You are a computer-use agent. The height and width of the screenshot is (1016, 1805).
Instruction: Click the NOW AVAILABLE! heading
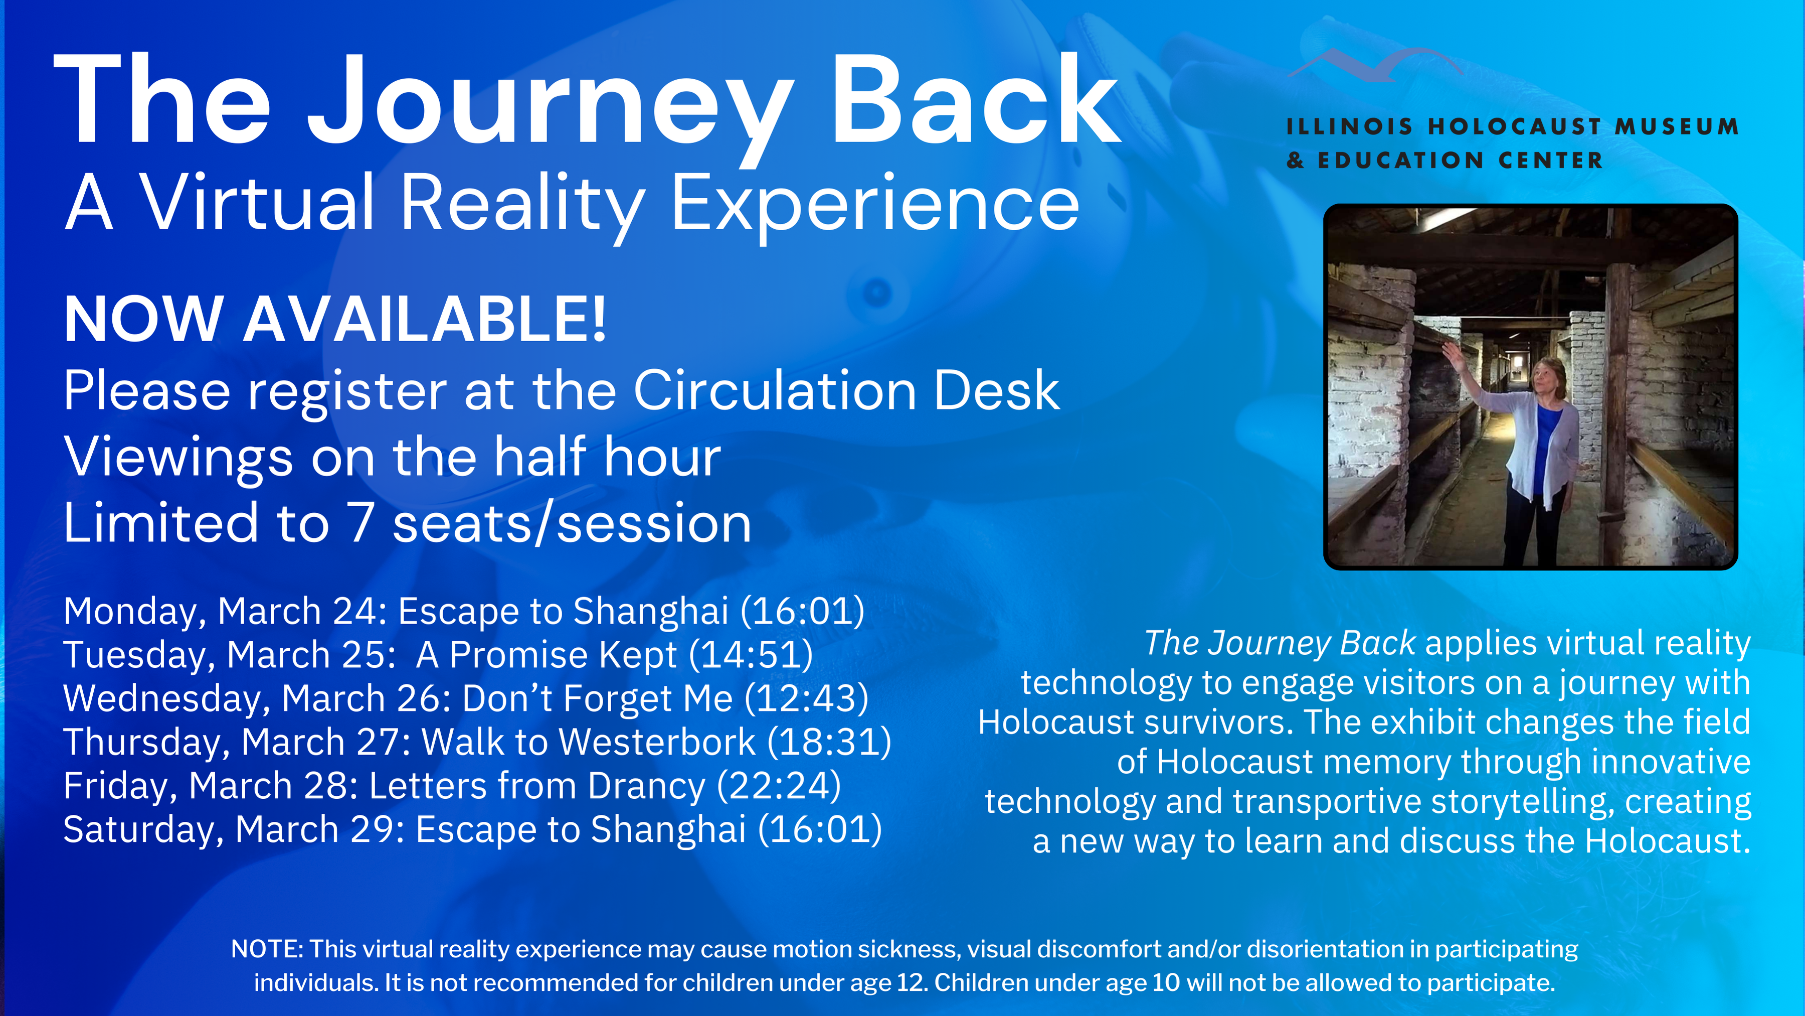coord(335,320)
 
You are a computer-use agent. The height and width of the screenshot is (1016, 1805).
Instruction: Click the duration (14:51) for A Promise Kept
coord(751,655)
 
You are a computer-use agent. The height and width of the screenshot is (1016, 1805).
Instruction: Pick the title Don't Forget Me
coord(598,698)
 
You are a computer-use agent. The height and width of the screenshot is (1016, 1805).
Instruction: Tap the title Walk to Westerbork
coord(589,742)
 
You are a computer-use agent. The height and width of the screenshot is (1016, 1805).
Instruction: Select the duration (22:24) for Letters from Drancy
coord(779,786)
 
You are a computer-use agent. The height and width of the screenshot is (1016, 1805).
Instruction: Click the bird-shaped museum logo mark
coord(1375,65)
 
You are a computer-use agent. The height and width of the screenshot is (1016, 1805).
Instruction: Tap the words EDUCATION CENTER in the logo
coord(1461,161)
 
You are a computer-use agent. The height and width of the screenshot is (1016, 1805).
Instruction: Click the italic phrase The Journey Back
coord(1280,644)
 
